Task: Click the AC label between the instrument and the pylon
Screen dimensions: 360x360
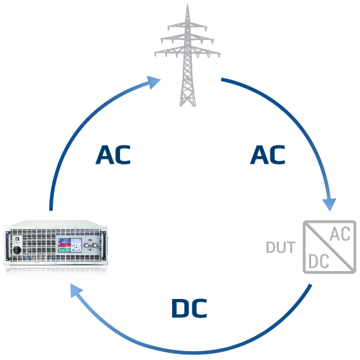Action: pyautogui.click(x=113, y=155)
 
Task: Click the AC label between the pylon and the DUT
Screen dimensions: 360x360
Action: pyautogui.click(x=267, y=155)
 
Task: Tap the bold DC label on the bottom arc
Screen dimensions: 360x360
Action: pyautogui.click(x=189, y=309)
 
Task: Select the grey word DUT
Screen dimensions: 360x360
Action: pyautogui.click(x=281, y=247)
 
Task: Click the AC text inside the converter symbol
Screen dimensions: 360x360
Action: pyautogui.click(x=340, y=234)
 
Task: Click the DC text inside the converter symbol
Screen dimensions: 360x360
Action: pyautogui.click(x=319, y=262)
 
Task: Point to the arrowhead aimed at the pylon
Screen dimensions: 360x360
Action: pyautogui.click(x=154, y=82)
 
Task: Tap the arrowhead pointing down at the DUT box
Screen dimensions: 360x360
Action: pyautogui.click(x=330, y=204)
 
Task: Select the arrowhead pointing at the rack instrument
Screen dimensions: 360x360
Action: pyautogui.click(x=77, y=290)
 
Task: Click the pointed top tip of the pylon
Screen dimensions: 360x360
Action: pyautogui.click(x=187, y=4)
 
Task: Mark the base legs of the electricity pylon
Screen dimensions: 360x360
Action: pyautogui.click(x=187, y=101)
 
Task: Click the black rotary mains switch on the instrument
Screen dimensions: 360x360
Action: pyautogui.click(x=17, y=250)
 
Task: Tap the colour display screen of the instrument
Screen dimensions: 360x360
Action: pyautogui.click(x=70, y=245)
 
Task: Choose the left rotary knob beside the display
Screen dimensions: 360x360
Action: pyautogui.click(x=86, y=246)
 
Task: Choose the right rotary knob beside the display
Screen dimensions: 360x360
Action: pyautogui.click(x=95, y=246)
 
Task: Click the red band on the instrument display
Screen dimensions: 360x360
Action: pyautogui.click(x=64, y=245)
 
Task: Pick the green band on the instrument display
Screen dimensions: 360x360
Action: pyautogui.click(x=64, y=250)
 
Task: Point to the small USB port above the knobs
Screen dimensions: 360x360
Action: pyautogui.click(x=90, y=240)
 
